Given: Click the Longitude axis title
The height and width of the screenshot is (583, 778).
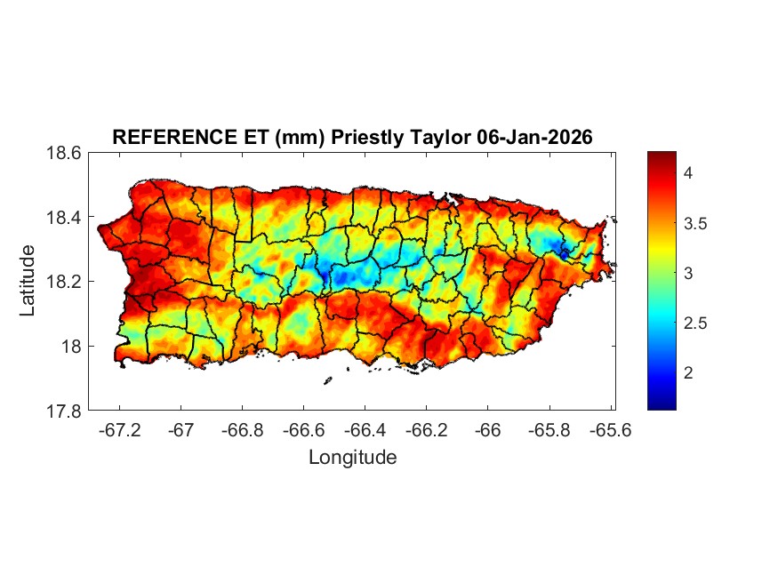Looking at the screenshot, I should point(352,458).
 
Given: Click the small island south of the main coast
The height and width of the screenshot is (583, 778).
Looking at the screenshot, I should point(327,381).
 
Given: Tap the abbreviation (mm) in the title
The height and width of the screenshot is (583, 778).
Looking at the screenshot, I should point(275,137).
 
